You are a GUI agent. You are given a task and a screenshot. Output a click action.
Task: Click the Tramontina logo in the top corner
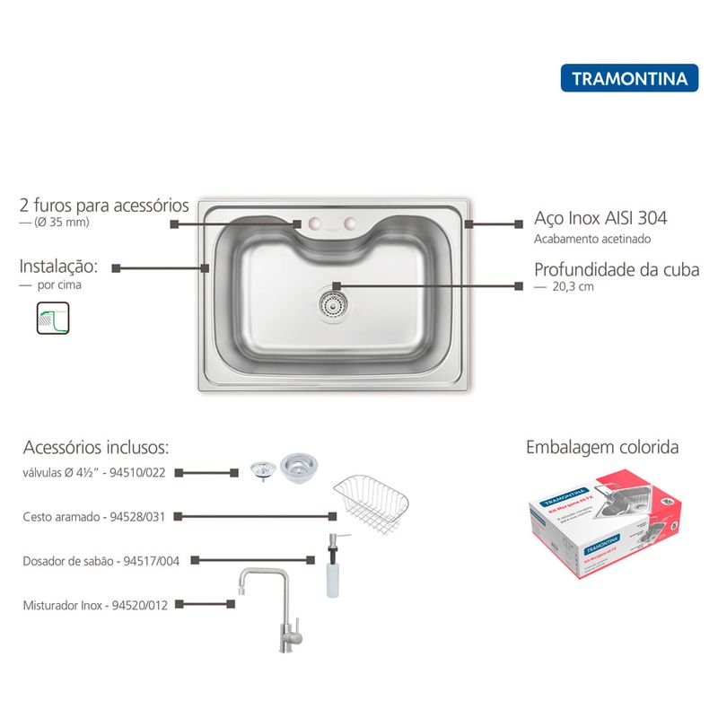(629, 78)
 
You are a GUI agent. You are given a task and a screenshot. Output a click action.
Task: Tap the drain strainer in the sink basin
(332, 302)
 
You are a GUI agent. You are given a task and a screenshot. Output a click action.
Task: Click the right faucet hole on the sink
(350, 223)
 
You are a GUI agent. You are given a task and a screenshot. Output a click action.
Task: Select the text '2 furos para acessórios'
(104, 206)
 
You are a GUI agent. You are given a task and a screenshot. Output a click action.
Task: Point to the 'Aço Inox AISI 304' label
(600, 218)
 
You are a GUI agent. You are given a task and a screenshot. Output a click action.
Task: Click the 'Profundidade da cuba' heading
(616, 269)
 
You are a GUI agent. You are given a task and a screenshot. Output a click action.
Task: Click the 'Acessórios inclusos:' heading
(96, 447)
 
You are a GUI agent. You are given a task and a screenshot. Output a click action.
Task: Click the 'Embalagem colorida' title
(601, 447)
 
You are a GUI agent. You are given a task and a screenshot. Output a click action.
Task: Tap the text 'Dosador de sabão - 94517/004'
(101, 561)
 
